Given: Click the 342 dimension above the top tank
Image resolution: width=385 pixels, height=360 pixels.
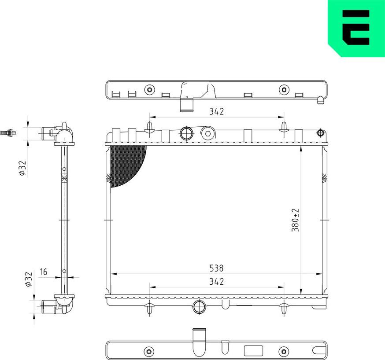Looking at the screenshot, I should (x=217, y=111).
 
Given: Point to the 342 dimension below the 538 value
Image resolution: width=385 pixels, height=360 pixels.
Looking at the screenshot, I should (x=217, y=281).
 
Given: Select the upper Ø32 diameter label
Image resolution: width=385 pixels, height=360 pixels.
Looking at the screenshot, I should (x=22, y=168).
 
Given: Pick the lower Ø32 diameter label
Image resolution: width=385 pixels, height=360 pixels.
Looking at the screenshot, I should (x=28, y=279).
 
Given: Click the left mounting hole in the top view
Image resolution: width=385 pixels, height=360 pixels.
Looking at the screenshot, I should (x=150, y=90).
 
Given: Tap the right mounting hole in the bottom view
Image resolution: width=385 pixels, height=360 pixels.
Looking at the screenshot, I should (x=284, y=351).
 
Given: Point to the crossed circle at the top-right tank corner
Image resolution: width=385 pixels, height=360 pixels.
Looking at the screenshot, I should (x=321, y=132).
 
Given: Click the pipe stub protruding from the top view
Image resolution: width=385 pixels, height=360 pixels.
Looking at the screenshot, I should (x=187, y=105).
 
